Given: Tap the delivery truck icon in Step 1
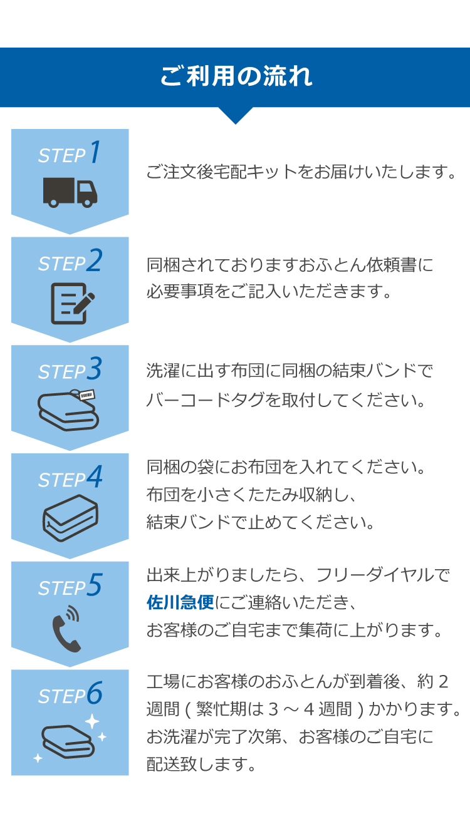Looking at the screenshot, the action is (70, 193).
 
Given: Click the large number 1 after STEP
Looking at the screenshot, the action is (95, 152).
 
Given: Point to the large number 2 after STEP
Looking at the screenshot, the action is (94, 260).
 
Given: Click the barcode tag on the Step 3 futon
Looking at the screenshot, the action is (87, 395).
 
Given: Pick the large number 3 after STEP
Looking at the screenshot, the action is (94, 368).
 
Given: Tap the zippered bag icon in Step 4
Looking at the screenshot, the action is (70, 518).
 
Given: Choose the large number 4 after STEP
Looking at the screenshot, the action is (95, 476).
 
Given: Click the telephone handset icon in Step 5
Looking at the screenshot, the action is (66, 629).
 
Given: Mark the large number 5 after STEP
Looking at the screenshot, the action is (95, 584).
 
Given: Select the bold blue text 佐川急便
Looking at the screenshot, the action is (180, 602).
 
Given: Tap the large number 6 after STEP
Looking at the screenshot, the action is (95, 693).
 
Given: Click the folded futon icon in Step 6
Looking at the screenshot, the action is (68, 742).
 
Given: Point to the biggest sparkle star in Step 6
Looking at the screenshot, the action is (92, 721).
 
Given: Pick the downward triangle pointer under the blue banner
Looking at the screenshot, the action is (236, 115).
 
